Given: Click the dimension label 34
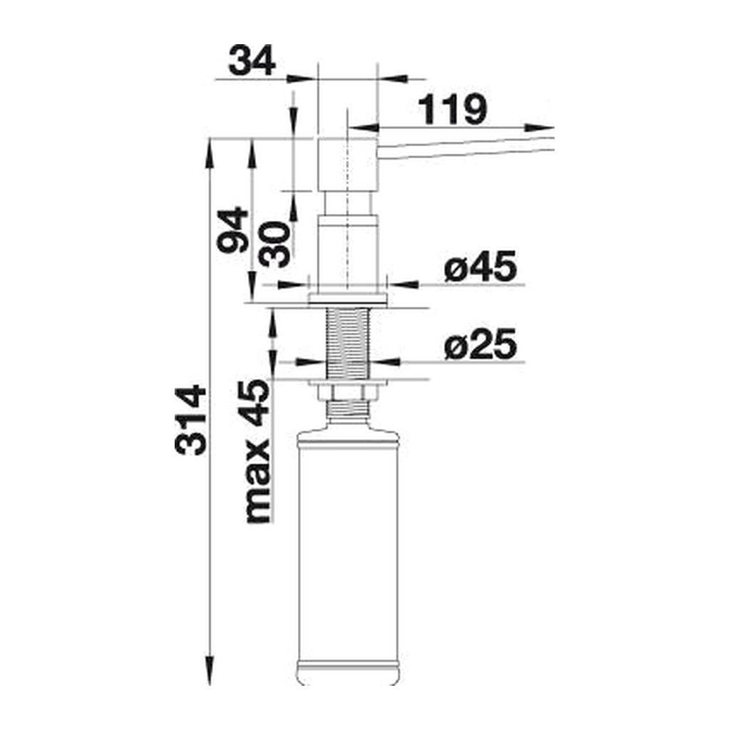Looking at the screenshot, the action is pos(252,61).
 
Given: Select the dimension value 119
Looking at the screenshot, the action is pos(452,110).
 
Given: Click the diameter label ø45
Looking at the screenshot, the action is pos(480,267).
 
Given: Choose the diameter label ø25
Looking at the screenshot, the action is pos(480,345).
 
